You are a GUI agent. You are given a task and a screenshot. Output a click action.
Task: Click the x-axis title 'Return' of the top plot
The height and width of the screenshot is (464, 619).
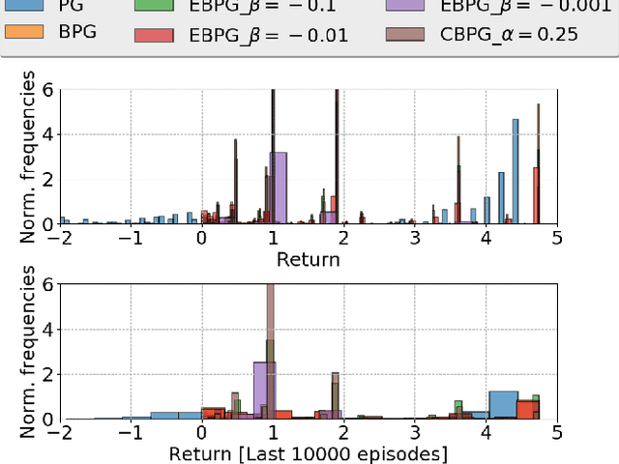308,259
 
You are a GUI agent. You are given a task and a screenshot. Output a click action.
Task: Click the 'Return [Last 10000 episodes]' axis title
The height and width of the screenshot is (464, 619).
308,453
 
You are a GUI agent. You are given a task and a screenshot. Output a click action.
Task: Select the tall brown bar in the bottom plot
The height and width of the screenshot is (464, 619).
271,348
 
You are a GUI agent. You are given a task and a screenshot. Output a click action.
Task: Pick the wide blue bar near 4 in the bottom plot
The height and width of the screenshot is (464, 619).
503,404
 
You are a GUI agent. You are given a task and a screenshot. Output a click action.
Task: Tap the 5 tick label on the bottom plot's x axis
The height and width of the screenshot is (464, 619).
557,432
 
